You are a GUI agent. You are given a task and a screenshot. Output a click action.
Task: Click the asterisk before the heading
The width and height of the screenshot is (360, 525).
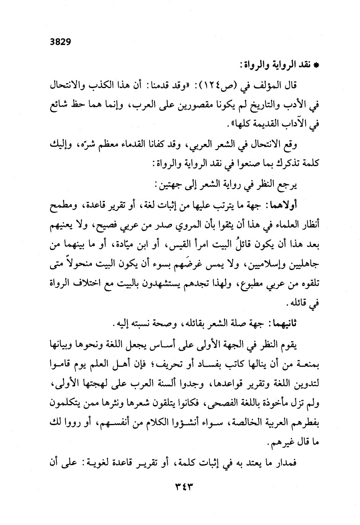click(315, 65)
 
